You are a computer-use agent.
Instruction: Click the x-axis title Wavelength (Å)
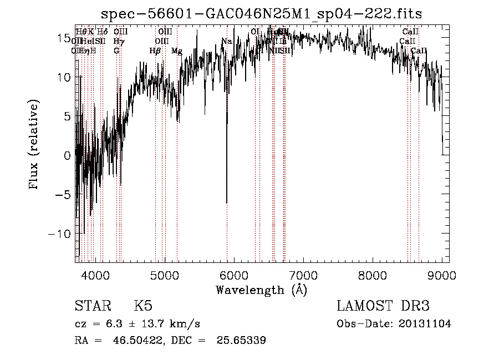pos(261,290)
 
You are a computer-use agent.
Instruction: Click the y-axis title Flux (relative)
pos(35,145)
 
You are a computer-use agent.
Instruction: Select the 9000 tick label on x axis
pos(441,276)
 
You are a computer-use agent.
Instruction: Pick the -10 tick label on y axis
pos(59,234)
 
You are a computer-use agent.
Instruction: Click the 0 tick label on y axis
pos(68,155)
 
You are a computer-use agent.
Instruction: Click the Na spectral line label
pos(227,41)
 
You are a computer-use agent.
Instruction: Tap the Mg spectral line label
pos(176,50)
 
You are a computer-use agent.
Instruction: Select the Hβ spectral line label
pos(155,50)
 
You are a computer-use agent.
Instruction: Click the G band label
pos(116,50)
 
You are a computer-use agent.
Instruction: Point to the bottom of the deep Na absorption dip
pos(226,202)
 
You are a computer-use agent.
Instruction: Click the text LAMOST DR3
pos(383,306)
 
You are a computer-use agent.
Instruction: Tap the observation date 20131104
pos(424,324)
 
